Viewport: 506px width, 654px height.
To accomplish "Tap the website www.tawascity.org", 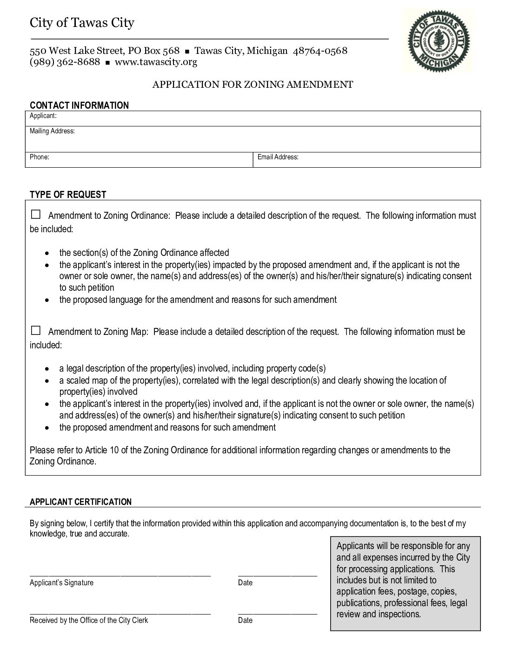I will click(156, 62).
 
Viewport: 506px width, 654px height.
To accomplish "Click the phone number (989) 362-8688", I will click(65, 62).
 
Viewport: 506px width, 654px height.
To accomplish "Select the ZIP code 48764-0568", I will click(320, 51).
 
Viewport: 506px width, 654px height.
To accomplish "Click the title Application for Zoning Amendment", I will click(253, 85).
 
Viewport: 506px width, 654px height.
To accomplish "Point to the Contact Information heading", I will click(79, 105).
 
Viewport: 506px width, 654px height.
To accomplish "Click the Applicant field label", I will click(43, 116).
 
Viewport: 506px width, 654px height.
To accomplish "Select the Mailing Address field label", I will click(52, 131).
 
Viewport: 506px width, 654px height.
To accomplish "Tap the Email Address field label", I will click(278, 157).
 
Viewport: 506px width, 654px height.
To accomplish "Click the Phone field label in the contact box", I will click(39, 157).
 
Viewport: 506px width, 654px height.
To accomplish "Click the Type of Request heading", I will click(68, 195).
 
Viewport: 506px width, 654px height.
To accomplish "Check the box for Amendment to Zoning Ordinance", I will click(36, 215).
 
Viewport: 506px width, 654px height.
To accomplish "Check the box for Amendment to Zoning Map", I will click(36, 331).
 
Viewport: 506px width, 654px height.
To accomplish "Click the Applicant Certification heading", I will click(80, 502).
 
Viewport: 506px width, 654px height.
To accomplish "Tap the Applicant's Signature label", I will click(61, 582).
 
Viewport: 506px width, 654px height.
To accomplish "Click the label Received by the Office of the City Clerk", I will click(88, 620).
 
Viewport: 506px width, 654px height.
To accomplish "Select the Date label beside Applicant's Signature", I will click(245, 582).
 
